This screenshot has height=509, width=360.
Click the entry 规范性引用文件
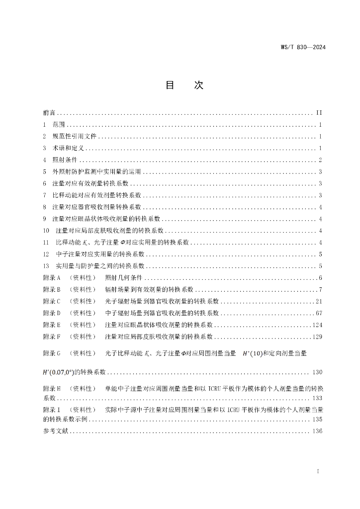75,136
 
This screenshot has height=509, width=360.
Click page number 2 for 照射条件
321,160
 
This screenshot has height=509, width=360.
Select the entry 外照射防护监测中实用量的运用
97,172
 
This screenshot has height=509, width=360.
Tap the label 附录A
52,277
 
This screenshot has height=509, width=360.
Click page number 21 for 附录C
319,301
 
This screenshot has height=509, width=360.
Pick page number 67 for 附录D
319,313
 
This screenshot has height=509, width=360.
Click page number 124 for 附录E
317,325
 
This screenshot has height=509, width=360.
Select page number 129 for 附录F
317,337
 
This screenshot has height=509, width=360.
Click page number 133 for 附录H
317,399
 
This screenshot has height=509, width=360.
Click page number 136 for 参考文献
317,431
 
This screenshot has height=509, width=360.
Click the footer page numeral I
318,470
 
